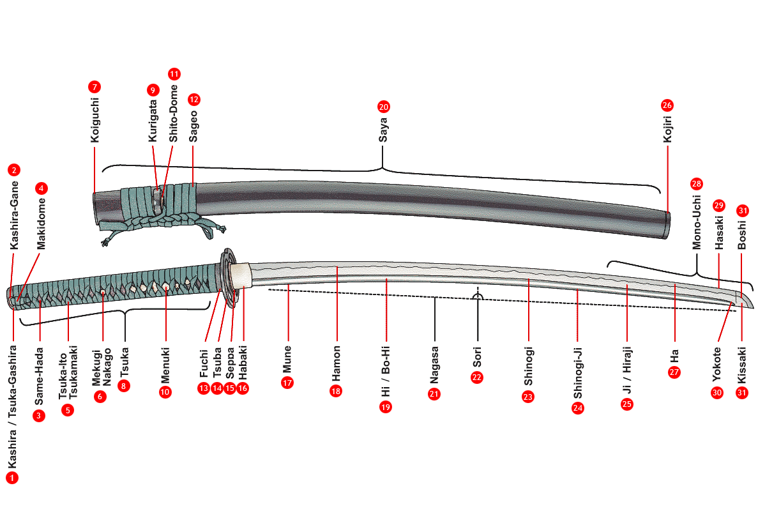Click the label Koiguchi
coord(94,119)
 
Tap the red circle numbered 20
coord(383,107)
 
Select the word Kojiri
coord(667,126)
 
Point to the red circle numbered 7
coord(95,86)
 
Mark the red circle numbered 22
coord(477,377)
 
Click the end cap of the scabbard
coord(667,224)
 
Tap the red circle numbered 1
coord(13,477)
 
